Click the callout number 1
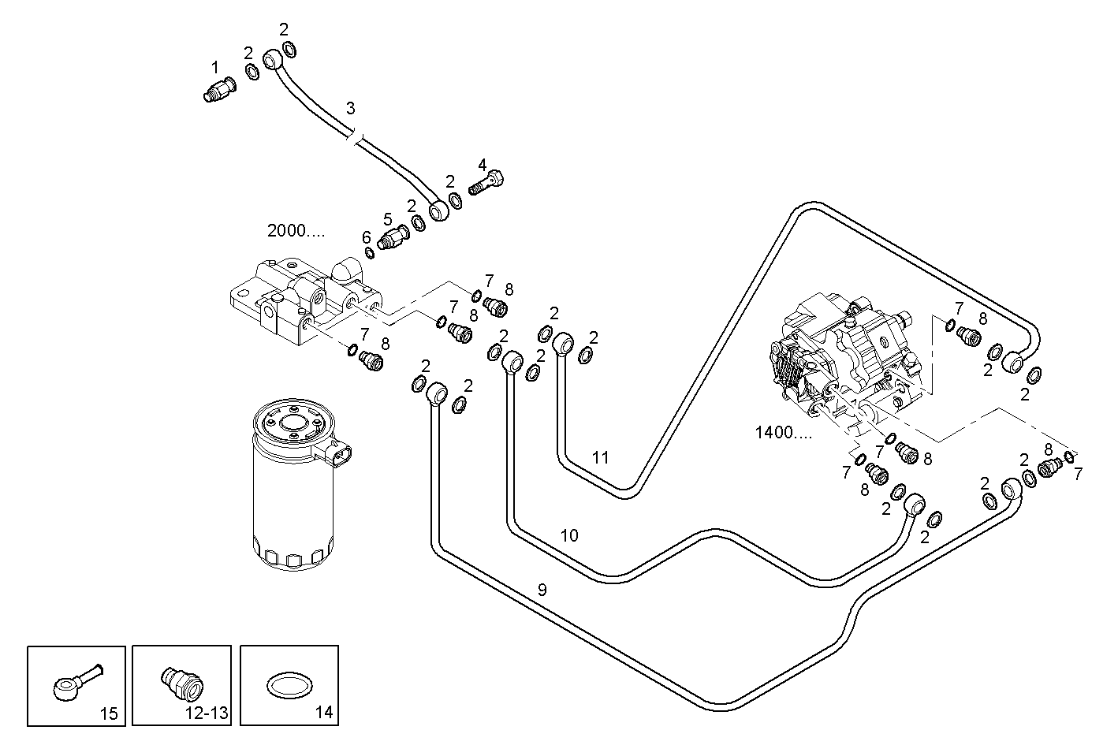click(214, 68)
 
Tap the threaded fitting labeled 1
click(218, 89)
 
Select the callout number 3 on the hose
click(351, 107)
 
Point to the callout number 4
click(482, 166)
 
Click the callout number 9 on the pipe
click(542, 589)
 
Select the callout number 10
click(569, 536)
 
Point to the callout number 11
click(601, 457)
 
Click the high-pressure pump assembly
click(844, 351)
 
